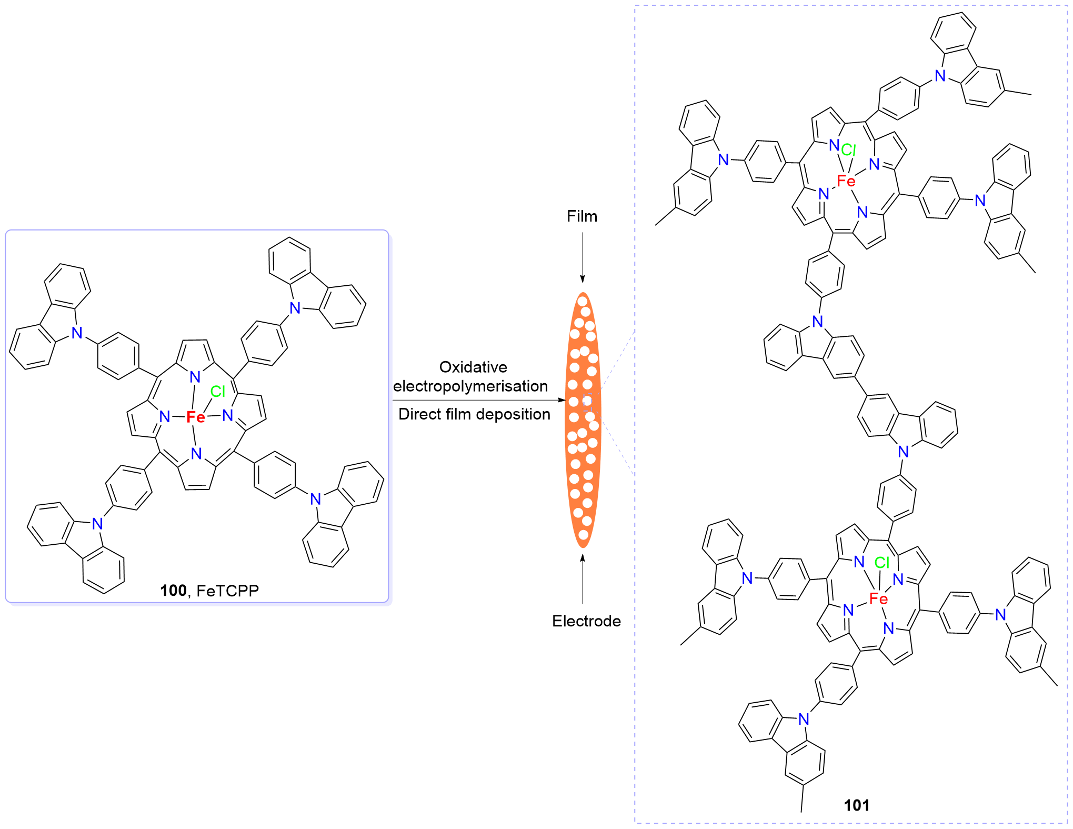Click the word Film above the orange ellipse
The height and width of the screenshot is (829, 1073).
(581, 216)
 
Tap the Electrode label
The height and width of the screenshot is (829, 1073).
(586, 621)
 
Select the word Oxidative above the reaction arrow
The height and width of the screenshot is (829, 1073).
(473, 367)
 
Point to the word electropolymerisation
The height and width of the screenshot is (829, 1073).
(470, 386)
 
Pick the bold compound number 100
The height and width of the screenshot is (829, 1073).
(173, 591)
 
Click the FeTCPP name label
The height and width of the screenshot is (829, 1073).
(227, 591)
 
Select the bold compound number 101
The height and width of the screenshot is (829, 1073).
(856, 805)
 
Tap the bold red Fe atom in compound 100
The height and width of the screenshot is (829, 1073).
(196, 417)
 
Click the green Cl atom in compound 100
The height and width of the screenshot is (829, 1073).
(217, 391)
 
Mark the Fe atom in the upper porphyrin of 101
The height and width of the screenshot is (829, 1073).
(846, 181)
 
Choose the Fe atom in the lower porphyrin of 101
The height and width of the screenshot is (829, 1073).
(878, 598)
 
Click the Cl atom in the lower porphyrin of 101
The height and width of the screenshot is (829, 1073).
(882, 563)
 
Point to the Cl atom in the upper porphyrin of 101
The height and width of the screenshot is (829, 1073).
(848, 150)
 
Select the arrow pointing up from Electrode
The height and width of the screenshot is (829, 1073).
(583, 579)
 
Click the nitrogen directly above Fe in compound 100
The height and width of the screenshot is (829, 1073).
(195, 377)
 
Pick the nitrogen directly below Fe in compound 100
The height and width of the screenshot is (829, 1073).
(196, 453)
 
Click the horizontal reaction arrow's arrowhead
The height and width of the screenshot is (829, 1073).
(562, 400)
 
